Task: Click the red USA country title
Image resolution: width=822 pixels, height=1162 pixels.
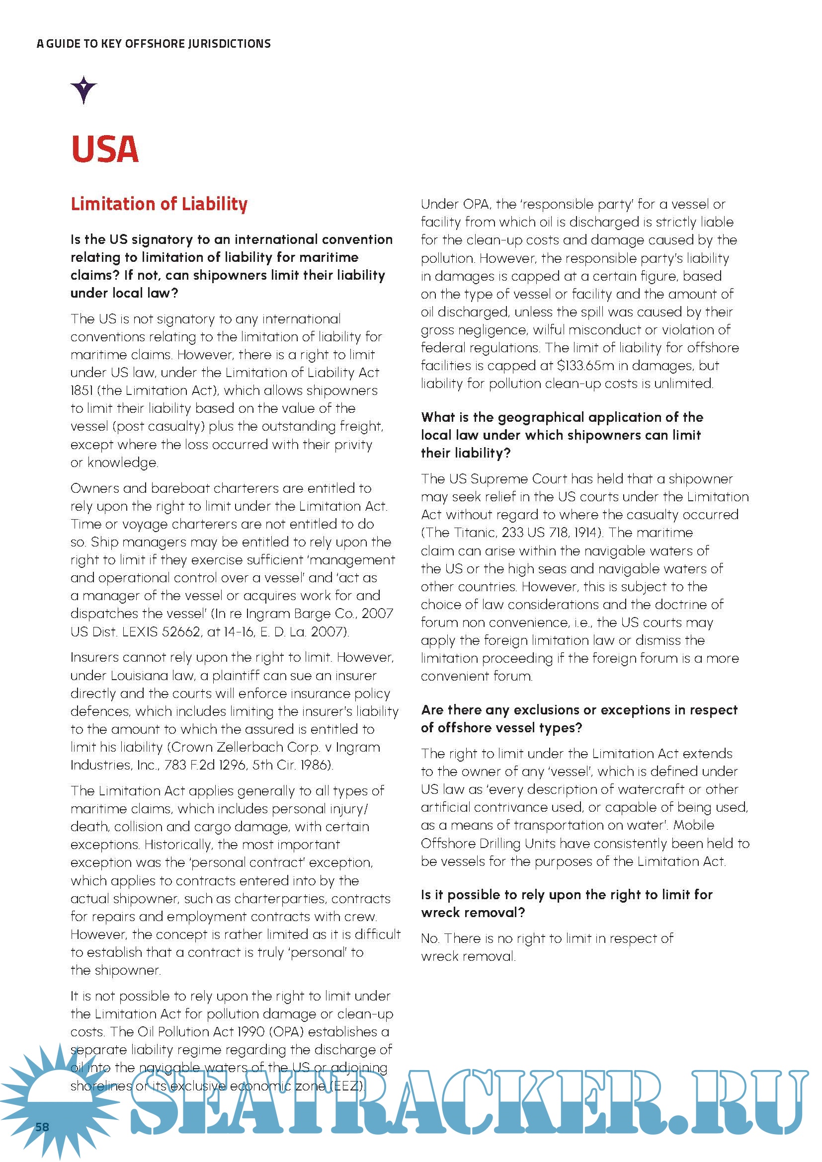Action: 105,150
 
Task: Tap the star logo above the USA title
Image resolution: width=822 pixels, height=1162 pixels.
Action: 83,89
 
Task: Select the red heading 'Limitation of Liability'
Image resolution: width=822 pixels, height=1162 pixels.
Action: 159,204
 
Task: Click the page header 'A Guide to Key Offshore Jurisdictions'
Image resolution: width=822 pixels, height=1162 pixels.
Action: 154,44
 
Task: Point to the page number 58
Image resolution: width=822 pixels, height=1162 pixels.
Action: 42,1127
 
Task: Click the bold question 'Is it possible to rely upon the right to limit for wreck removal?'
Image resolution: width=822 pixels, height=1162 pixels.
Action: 567,903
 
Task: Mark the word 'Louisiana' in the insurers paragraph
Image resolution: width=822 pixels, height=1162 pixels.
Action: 133,676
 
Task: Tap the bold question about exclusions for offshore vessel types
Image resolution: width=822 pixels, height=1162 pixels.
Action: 579,719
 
